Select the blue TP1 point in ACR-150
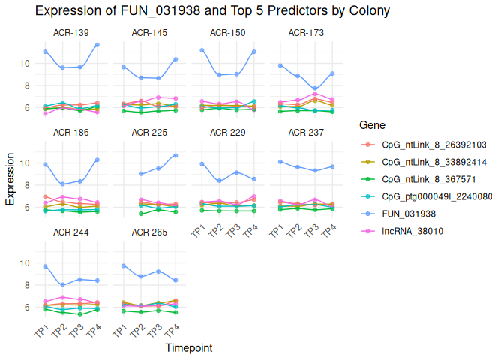point(202,50)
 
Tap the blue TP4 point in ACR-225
point(175,155)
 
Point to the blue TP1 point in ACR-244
point(46,266)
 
